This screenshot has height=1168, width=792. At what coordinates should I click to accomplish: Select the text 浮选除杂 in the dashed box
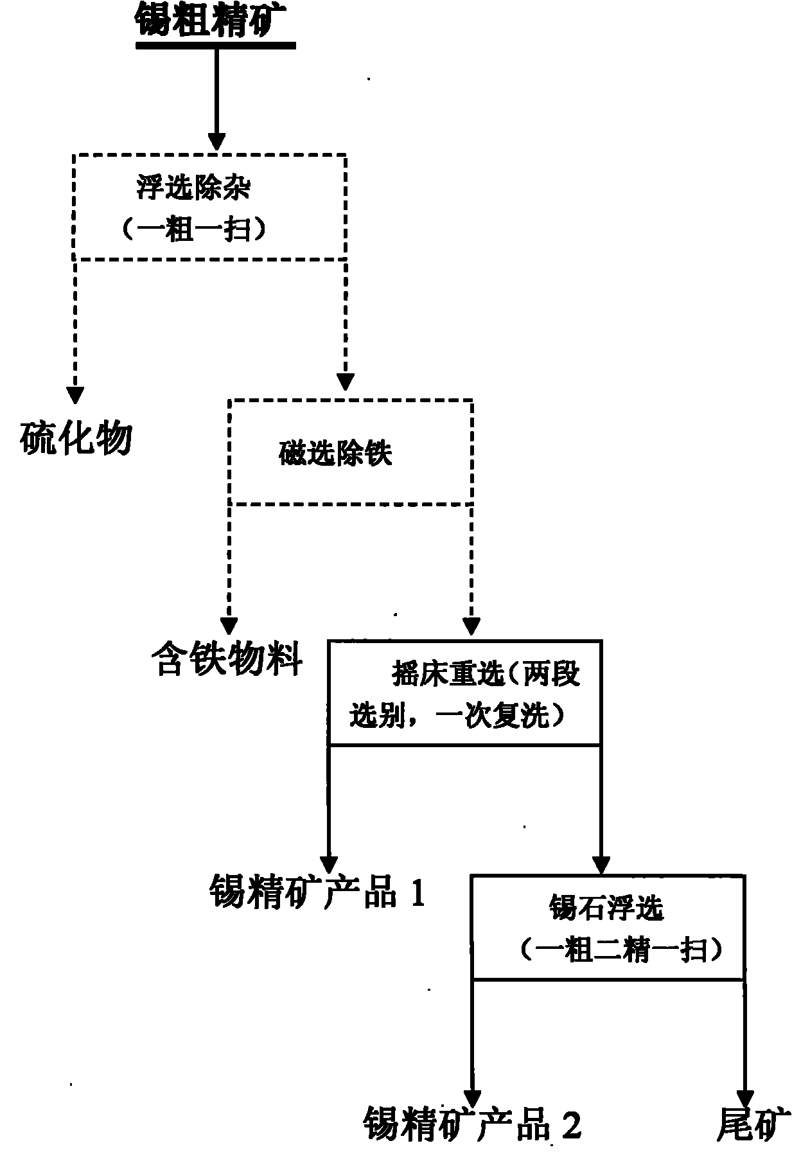(x=193, y=188)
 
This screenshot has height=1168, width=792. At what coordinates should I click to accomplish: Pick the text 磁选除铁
(x=335, y=454)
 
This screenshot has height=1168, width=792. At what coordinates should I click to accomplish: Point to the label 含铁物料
(x=226, y=659)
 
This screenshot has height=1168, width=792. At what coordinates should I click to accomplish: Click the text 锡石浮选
(x=606, y=908)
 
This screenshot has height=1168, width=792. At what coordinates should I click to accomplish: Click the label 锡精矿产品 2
(x=472, y=1141)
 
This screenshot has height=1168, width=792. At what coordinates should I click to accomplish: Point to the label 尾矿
(x=752, y=1141)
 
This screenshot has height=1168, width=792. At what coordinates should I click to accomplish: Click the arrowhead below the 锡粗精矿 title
(x=216, y=141)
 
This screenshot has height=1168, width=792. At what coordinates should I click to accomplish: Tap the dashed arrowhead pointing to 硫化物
(x=76, y=393)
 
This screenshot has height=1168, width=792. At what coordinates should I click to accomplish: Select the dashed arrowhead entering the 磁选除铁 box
(x=346, y=382)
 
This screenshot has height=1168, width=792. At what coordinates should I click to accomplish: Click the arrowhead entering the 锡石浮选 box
(x=601, y=864)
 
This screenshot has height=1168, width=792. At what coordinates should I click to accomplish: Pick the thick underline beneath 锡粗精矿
(x=215, y=46)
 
